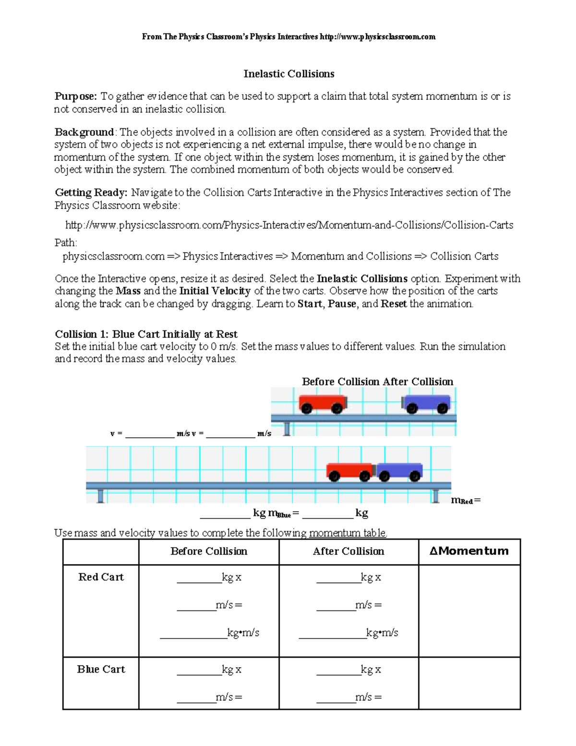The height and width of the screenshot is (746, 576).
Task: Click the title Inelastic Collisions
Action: (x=288, y=74)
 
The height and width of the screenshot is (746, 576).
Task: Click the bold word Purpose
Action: (x=75, y=97)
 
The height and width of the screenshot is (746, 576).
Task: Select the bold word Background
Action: (x=84, y=132)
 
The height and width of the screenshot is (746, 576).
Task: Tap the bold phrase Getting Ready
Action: (x=91, y=193)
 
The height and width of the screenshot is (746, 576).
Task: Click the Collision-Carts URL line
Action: (x=289, y=225)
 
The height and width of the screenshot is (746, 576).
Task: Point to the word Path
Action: (x=66, y=243)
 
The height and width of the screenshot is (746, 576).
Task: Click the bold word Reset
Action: (x=394, y=304)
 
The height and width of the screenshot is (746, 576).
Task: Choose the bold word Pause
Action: (x=342, y=304)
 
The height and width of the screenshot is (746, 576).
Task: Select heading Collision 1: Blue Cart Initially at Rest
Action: (x=146, y=334)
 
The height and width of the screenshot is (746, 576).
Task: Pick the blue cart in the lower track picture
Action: (x=399, y=471)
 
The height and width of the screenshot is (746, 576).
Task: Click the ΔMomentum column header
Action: (x=469, y=551)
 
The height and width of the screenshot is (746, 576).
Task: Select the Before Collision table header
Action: (x=209, y=551)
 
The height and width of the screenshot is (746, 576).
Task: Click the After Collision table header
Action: (x=348, y=551)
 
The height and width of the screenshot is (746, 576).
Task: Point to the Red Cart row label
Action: (x=101, y=577)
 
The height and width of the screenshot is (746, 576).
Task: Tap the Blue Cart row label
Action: (x=101, y=670)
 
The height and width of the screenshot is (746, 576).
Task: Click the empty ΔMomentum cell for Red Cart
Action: (x=469, y=611)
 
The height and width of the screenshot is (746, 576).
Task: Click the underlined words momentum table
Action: (x=348, y=533)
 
